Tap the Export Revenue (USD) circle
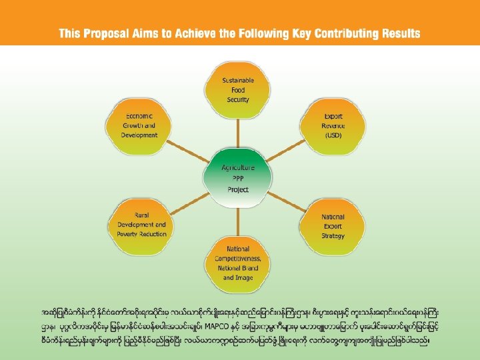[x=333, y=125]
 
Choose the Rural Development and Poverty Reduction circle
[x=141, y=225]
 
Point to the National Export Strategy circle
[x=333, y=226]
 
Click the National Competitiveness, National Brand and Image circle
[x=237, y=262]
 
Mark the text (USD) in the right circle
[x=333, y=135]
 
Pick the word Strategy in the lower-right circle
[x=333, y=235]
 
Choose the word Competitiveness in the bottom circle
[x=237, y=258]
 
